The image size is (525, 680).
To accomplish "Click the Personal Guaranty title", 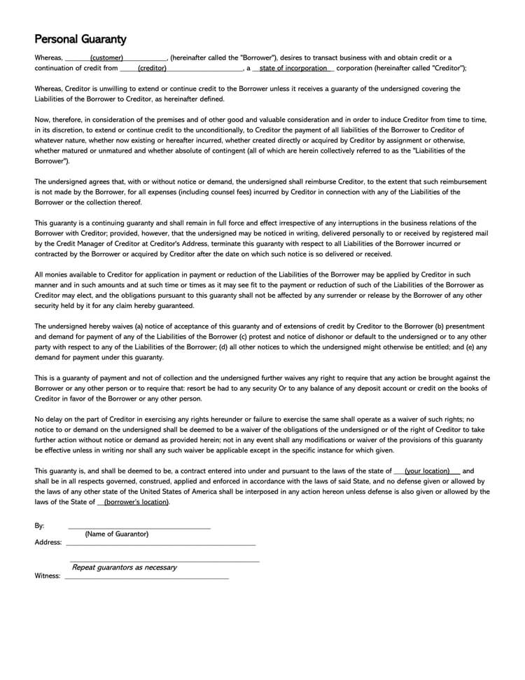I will click(80, 39).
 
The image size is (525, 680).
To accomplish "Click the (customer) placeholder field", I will click(106, 57).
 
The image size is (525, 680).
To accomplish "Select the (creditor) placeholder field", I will click(152, 68).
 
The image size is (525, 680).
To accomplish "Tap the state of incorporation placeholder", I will click(293, 68).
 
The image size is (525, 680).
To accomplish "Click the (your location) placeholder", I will click(427, 471).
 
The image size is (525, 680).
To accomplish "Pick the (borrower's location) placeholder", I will click(136, 502).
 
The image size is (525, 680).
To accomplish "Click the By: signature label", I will click(39, 525).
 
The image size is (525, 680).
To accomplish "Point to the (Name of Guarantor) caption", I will click(117, 534).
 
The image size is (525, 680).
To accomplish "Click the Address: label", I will click(48, 542).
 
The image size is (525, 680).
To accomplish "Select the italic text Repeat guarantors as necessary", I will click(125, 567).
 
